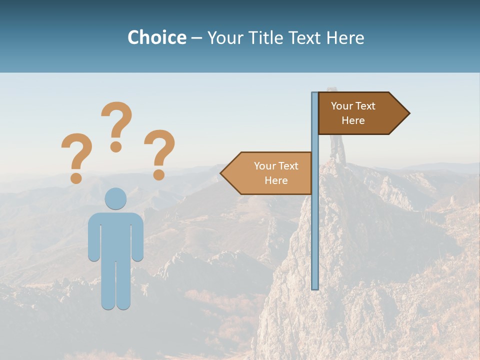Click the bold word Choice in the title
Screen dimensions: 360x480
156,38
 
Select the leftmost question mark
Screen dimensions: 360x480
76,156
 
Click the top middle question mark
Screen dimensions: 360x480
116,125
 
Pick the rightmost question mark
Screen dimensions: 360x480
159,152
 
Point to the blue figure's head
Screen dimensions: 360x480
116,199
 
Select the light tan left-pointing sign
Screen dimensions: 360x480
270,173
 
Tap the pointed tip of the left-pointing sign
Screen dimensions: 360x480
222,173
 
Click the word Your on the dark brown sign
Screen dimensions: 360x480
342,106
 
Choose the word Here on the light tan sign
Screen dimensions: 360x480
276,180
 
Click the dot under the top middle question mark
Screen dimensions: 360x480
116,146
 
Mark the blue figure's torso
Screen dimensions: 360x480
116,235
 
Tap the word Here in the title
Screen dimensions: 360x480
345,38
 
